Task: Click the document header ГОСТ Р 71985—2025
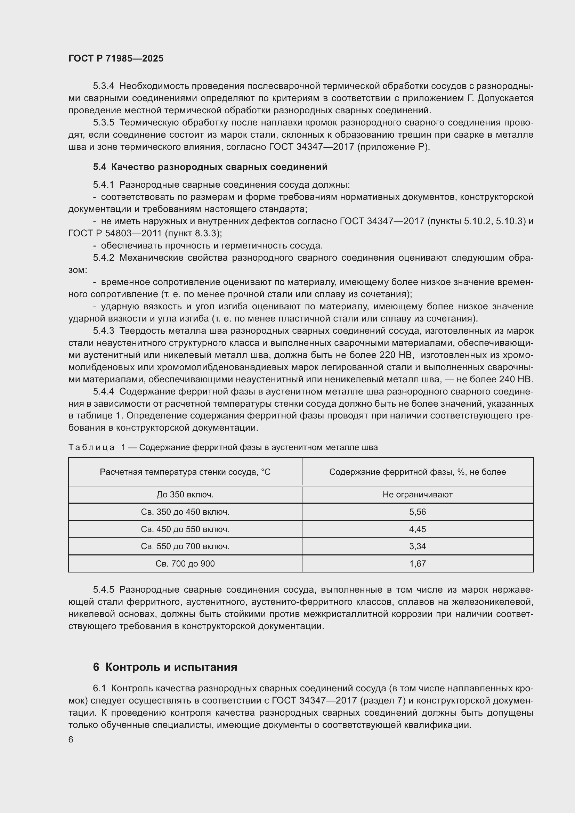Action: point(116,58)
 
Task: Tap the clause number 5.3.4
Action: point(103,86)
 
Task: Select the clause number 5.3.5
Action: point(103,122)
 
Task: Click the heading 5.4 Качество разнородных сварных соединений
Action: point(210,167)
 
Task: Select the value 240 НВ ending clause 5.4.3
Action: point(516,379)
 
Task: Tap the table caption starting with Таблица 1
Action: point(223,447)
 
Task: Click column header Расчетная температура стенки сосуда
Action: point(185,472)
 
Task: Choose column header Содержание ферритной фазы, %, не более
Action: point(418,472)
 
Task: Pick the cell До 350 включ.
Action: point(185,495)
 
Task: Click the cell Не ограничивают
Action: point(418,495)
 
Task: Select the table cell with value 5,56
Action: point(418,512)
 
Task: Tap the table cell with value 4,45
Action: point(418,529)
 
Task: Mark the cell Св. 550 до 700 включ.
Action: point(185,546)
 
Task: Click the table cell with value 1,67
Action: point(418,563)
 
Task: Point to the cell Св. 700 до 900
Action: point(185,563)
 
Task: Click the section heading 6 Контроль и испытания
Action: point(165,667)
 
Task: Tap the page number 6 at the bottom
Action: point(71,740)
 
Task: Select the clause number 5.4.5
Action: point(103,590)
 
